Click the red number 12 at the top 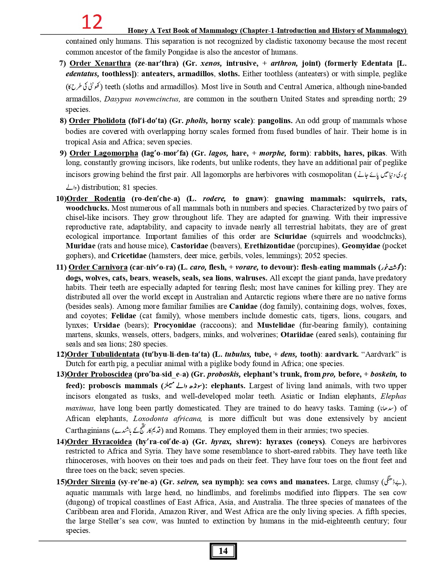[92, 22]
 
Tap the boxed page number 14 [223, 551]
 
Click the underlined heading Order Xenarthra [100, 63]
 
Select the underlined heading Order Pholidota [97, 121]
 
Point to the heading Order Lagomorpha [104, 153]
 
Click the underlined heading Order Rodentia [96, 199]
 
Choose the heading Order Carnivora [98, 267]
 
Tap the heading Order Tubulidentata [103, 354]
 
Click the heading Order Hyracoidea [99, 442]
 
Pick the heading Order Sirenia [91, 482]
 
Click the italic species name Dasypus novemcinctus [142, 99]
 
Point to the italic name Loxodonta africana [168, 419]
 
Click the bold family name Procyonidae [175, 325]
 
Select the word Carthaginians [87, 430]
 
